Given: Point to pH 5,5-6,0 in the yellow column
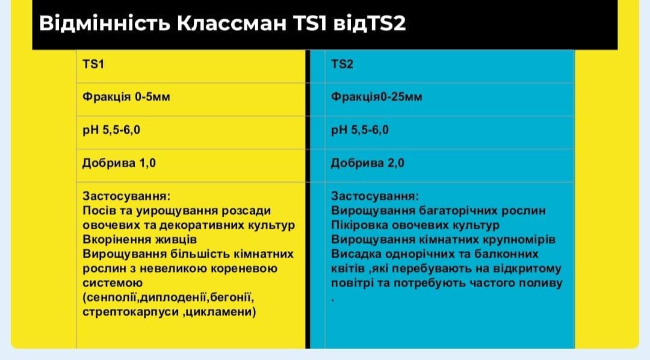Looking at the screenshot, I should pyautogui.click(x=111, y=129).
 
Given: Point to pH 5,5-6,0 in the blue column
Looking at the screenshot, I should pyautogui.click(x=360, y=129).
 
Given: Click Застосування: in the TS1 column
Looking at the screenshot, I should pyautogui.click(x=126, y=196).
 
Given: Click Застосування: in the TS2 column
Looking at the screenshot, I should pyautogui.click(x=374, y=196).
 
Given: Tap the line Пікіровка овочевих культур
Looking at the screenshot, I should pyautogui.click(x=415, y=225).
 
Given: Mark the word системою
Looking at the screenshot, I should pyautogui.click(x=112, y=282).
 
